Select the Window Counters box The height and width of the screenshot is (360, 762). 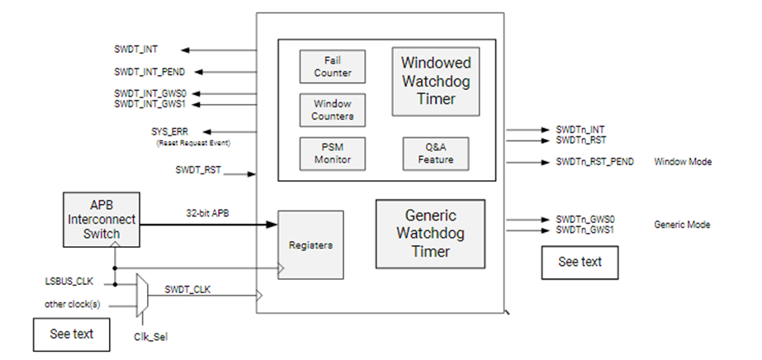click(332, 110)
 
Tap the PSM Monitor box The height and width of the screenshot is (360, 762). click(332, 154)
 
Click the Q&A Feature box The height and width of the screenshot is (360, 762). click(435, 154)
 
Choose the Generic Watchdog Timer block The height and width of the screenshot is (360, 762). click(430, 234)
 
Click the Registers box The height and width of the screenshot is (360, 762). click(310, 245)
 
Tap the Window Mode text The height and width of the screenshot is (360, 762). click(683, 162)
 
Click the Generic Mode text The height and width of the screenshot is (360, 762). click(682, 225)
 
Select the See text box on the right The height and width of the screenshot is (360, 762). click(580, 262)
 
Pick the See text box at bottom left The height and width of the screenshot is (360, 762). click(71, 334)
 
